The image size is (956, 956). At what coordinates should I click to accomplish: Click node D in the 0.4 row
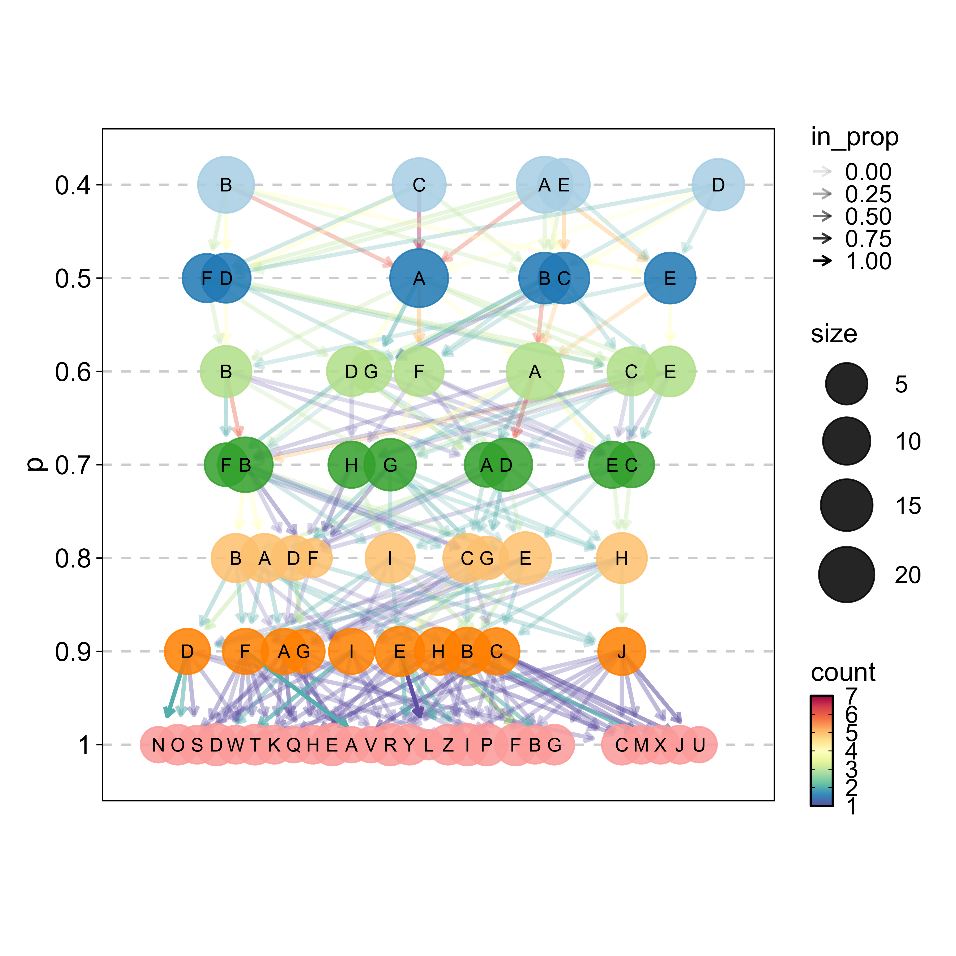[718, 185]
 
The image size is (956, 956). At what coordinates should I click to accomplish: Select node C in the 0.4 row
[419, 185]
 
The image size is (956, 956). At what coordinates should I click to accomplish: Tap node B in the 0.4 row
[226, 185]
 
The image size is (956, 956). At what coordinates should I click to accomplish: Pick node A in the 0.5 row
[419, 278]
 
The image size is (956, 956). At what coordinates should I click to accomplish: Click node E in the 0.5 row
[670, 278]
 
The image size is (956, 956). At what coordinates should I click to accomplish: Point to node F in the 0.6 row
[419, 371]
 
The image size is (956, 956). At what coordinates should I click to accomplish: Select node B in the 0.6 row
[226, 371]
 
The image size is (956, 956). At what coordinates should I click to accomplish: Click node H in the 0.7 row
[351, 465]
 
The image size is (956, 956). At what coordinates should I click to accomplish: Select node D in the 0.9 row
[187, 651]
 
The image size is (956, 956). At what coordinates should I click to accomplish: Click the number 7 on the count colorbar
[851, 696]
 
